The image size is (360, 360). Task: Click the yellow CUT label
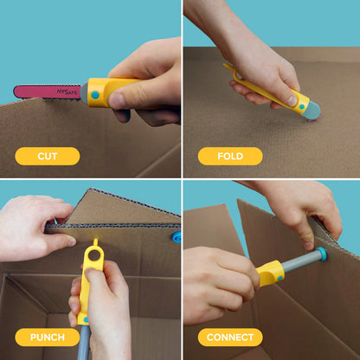47,157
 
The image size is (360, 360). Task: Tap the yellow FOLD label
229,157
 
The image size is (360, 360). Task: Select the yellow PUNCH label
47,337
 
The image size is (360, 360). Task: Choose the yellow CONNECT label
229,337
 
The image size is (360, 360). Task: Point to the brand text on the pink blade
66,89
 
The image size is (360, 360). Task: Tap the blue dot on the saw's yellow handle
94,95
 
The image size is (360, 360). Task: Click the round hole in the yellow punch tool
93,257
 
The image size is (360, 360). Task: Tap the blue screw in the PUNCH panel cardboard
176,236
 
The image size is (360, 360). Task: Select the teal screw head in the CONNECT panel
322,255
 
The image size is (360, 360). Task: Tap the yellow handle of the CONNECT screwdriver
271,273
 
